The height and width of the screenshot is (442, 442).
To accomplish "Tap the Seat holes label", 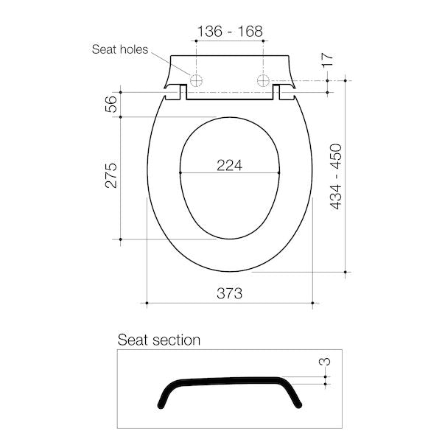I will [119, 50].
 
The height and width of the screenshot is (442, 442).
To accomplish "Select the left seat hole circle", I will [197, 80].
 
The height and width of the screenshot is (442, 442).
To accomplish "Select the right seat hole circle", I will [263, 80].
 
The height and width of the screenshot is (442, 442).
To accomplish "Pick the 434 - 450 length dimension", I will [336, 177].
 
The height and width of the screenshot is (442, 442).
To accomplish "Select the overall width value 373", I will [230, 293].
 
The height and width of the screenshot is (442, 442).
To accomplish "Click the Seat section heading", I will [159, 340].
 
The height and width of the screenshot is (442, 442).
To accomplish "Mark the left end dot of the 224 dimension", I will [180, 174].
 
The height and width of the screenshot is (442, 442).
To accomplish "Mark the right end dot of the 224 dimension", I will [280, 174].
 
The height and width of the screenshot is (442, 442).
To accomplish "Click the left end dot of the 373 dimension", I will [147, 303].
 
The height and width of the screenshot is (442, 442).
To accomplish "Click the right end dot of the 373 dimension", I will [314, 303].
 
